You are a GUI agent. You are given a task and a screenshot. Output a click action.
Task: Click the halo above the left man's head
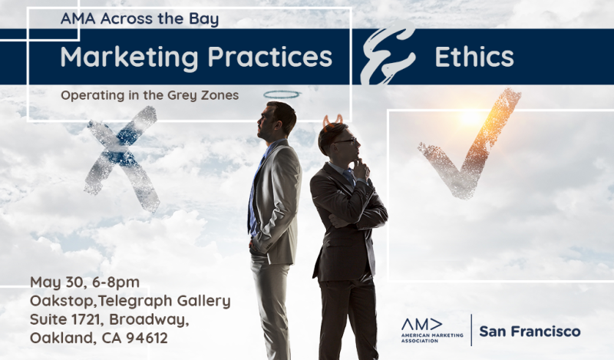(x=282, y=94)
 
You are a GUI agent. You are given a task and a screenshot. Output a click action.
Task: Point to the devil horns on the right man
(x=333, y=120)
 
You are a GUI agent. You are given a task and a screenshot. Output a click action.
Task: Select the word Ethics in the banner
(x=474, y=57)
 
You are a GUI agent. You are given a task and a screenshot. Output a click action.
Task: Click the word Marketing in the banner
(x=129, y=58)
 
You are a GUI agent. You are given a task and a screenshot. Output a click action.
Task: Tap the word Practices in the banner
(x=270, y=57)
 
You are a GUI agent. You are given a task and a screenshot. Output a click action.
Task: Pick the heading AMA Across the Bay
(x=140, y=19)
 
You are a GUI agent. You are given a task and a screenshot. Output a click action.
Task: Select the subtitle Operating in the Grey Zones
(x=150, y=95)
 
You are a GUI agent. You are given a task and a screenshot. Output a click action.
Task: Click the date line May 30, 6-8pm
(x=84, y=282)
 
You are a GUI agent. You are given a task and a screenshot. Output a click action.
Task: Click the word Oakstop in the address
(x=62, y=301)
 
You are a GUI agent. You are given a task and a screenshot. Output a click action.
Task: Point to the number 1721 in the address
(x=85, y=319)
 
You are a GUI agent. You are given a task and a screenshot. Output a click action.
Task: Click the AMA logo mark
(x=421, y=325)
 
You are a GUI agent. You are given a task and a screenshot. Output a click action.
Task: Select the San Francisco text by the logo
(x=530, y=332)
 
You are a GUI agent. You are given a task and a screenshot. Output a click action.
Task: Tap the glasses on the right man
(x=347, y=140)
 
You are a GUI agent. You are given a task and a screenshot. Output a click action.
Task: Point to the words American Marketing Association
(x=432, y=338)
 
